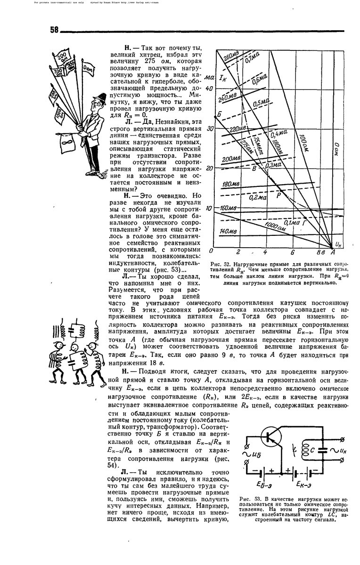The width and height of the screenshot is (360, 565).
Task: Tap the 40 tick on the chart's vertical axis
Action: click(210, 89)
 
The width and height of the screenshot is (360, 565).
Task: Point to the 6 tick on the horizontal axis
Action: click(292, 251)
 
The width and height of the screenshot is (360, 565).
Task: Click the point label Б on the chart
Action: click(219, 114)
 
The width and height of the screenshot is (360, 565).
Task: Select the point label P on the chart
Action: click(278, 194)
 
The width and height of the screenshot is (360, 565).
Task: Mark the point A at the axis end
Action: click(333, 252)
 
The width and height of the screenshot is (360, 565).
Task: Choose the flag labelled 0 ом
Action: click(88, 70)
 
